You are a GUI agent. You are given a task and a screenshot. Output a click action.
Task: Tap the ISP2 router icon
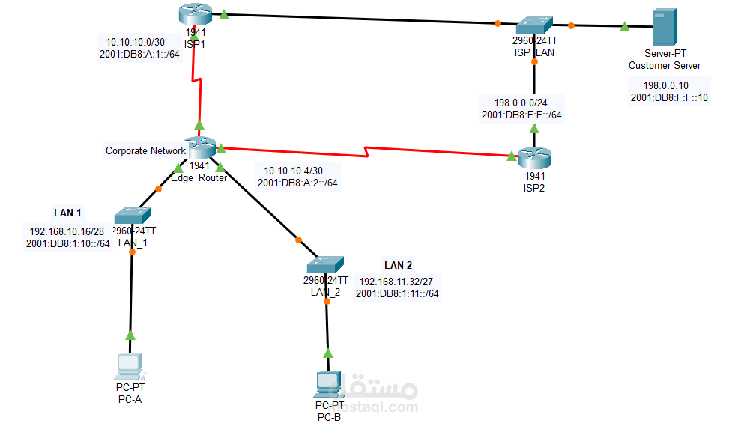click(x=534, y=157)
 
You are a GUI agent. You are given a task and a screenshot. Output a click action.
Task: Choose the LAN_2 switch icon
click(x=325, y=265)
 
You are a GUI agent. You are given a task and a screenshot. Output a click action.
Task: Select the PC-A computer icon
click(x=130, y=364)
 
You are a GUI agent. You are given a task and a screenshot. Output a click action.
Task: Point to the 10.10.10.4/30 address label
click(x=288, y=170)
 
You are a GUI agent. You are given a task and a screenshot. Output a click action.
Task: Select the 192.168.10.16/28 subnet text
click(x=67, y=231)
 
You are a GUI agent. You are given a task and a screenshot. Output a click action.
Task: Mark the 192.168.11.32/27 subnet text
click(x=396, y=282)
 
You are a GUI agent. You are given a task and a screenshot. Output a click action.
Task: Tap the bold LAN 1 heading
click(x=67, y=213)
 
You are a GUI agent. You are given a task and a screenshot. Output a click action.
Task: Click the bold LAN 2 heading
click(x=398, y=265)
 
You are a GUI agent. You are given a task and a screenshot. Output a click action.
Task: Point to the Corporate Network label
click(x=145, y=150)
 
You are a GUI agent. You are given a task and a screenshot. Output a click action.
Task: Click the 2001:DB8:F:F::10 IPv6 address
click(x=669, y=97)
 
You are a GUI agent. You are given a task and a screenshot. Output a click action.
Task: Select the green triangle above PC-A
click(x=130, y=335)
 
